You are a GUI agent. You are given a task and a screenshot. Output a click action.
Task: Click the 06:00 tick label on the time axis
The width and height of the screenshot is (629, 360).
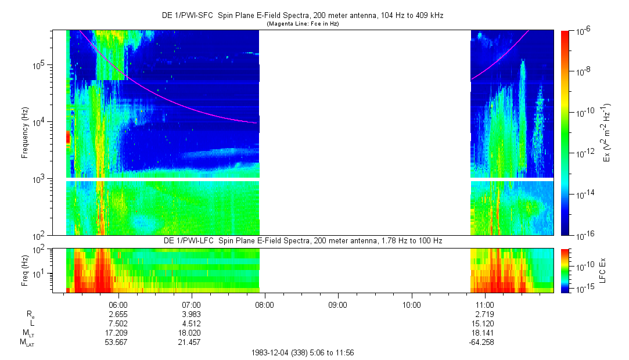click(118, 304)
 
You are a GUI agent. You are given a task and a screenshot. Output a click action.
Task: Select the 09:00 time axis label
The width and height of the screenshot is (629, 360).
click(338, 304)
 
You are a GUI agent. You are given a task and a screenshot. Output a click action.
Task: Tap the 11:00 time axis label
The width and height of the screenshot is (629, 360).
click(484, 304)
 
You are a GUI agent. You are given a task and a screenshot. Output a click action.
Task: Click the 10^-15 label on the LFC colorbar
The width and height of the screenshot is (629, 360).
click(583, 289)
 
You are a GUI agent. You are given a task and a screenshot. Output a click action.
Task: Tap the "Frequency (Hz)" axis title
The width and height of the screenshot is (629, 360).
click(25, 134)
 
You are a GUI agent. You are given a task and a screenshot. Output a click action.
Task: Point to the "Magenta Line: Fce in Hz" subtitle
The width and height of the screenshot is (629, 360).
click(302, 24)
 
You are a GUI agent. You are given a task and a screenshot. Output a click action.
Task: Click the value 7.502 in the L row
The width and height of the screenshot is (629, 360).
click(118, 323)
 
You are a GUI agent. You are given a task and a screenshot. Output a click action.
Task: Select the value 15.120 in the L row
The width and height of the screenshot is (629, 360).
click(484, 323)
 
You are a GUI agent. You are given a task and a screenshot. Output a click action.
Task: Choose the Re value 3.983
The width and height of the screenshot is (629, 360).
click(191, 314)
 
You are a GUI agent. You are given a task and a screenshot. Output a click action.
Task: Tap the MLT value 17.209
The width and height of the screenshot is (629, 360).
click(118, 333)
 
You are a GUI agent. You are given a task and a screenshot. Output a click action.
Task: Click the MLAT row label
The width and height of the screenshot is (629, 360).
click(27, 343)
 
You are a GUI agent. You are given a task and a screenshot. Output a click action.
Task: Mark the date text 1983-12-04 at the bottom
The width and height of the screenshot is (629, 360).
click(271, 353)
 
